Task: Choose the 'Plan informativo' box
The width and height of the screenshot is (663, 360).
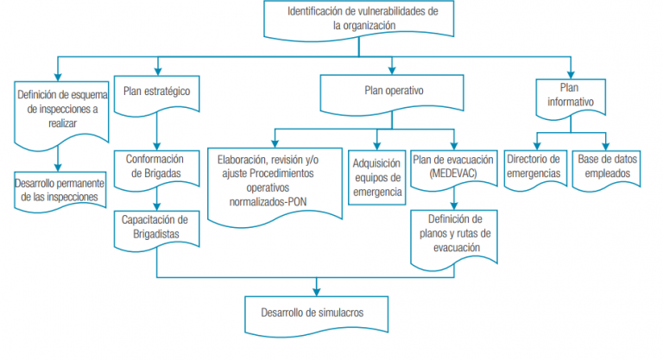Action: click(570, 95)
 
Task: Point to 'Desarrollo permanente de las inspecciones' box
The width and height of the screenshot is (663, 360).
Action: click(60, 190)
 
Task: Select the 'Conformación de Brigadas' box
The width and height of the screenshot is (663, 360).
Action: click(157, 167)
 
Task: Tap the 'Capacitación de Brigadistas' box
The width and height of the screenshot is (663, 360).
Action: click(157, 227)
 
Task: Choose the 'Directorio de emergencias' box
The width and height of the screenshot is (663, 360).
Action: click(535, 167)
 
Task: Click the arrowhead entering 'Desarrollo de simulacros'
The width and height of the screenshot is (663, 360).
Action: click(316, 291)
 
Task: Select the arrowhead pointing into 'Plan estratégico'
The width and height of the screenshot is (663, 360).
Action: click(157, 73)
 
